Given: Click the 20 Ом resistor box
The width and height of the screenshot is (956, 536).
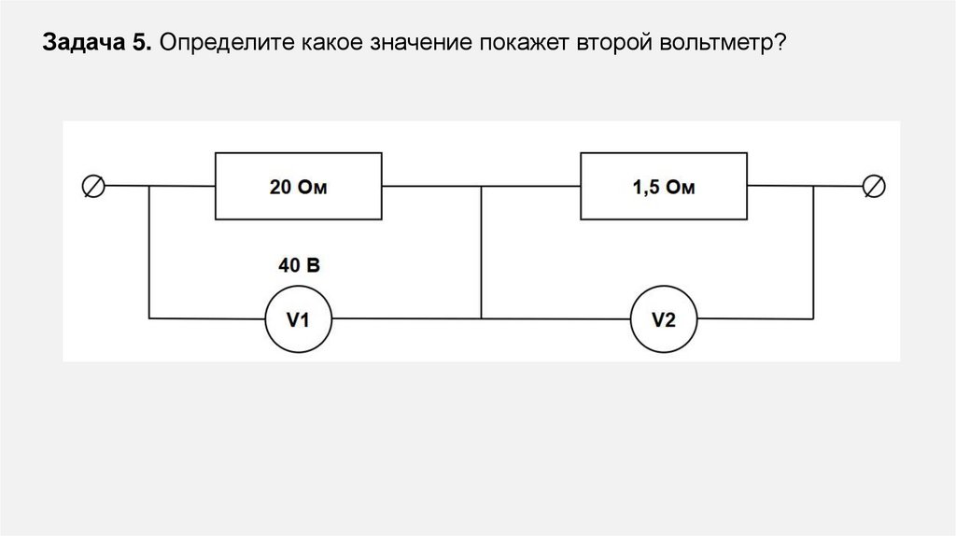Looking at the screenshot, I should (300, 188).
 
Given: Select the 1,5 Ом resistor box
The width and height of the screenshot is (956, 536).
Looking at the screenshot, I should (664, 188).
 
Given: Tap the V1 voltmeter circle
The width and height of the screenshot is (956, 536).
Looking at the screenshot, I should (298, 319).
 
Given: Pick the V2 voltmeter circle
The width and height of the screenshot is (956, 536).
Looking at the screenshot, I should (663, 319).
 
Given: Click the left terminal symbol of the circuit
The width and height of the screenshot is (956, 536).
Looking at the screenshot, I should (94, 187).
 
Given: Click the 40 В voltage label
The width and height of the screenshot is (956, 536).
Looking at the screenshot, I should (299, 266).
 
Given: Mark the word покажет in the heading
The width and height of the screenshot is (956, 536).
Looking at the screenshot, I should (516, 45).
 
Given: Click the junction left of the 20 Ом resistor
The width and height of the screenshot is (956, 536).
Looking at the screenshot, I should (149, 187).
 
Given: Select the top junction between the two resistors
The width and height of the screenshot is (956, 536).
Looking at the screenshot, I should (482, 187).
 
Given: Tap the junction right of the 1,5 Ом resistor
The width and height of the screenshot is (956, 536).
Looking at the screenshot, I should (813, 187).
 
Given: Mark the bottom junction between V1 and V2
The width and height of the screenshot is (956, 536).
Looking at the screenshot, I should (482, 319).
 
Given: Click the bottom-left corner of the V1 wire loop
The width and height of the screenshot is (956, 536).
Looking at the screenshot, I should (149, 319).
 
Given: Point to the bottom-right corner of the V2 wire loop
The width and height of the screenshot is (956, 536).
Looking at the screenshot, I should (813, 319).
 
